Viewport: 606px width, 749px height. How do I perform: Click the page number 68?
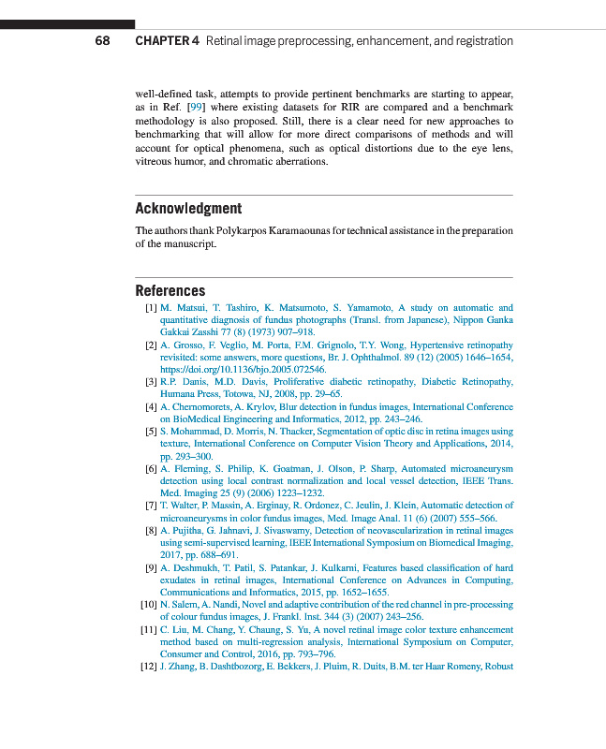tap(102, 41)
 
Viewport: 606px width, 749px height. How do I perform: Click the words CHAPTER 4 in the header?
tap(167, 41)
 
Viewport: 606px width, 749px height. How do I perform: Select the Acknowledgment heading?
tap(188, 208)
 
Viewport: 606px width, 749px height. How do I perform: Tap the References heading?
tap(170, 290)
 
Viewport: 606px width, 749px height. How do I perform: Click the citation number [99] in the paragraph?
tap(196, 108)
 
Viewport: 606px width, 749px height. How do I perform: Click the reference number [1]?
tap(150, 307)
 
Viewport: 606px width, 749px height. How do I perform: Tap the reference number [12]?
tap(148, 667)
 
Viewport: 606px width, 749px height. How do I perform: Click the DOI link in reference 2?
tap(243, 369)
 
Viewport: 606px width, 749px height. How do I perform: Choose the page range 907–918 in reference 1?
tap(292, 331)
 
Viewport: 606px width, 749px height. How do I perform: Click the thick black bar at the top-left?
tap(67, 24)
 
